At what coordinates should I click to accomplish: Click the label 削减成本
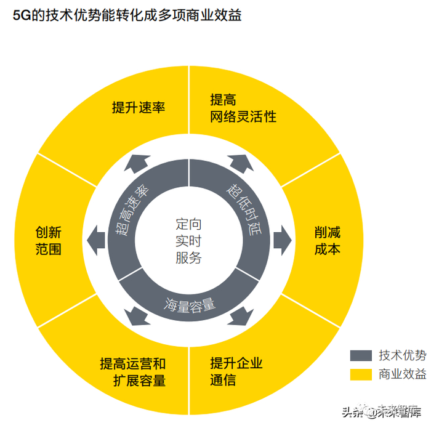click(327, 241)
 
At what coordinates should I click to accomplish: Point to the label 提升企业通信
click(236, 371)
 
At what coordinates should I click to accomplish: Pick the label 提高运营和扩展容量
click(132, 371)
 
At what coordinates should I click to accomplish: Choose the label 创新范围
click(48, 241)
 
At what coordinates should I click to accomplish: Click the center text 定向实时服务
click(188, 241)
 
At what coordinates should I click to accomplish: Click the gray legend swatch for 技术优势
click(361, 355)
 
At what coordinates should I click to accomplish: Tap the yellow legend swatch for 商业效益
click(361, 374)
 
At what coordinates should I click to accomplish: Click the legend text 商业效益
click(402, 374)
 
